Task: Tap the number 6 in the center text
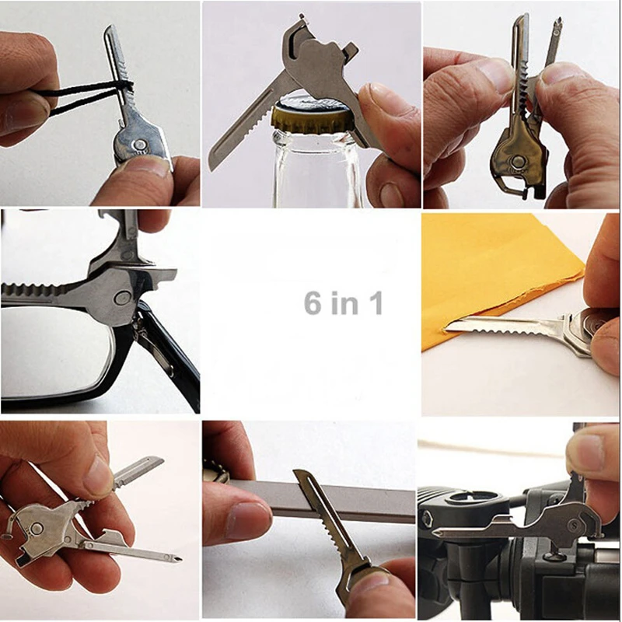click(313, 302)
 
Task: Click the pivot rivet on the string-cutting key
click(138, 145)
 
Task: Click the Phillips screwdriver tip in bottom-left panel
click(178, 557)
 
